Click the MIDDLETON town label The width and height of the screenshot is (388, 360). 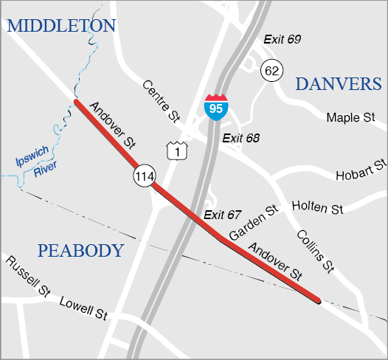pos(61,27)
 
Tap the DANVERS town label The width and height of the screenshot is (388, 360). pos(339,84)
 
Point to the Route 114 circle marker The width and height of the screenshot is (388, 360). pos(145,176)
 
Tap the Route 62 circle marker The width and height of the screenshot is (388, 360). pos(271,71)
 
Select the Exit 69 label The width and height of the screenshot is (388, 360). pos(282,38)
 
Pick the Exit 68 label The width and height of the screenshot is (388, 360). pos(243,138)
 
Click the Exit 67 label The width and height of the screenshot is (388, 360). pos(223,215)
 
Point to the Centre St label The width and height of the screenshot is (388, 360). pos(162,101)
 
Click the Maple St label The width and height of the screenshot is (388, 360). pos(351,118)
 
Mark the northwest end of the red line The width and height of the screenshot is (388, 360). pos(76,102)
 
